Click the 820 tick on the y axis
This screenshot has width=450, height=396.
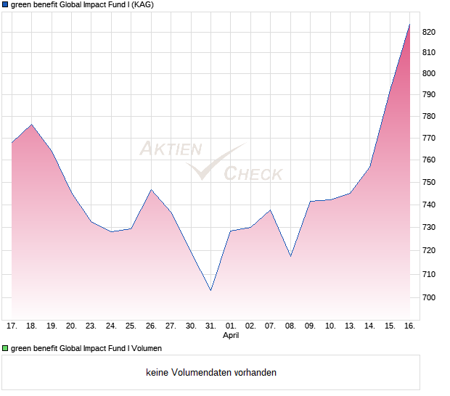click(x=430, y=32)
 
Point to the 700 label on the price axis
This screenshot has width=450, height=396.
click(x=430, y=298)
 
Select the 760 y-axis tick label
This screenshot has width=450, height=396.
click(x=430, y=160)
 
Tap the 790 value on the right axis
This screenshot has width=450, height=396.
click(x=430, y=95)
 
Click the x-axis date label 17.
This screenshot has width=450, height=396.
click(x=12, y=326)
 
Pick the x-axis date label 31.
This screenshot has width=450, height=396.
click(x=210, y=326)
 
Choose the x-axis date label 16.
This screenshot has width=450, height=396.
click(x=409, y=326)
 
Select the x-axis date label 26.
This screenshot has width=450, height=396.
click(x=151, y=326)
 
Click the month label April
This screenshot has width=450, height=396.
click(x=231, y=336)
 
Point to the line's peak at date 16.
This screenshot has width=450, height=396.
click(x=409, y=25)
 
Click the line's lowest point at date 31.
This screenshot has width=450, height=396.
click(x=210, y=291)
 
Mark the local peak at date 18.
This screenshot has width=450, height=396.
click(x=31, y=125)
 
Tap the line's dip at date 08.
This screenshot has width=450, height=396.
click(x=290, y=257)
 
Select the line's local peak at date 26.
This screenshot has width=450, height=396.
click(x=151, y=190)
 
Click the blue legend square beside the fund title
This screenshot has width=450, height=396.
click(x=5, y=4)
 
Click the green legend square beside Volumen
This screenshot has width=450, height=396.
click(x=5, y=349)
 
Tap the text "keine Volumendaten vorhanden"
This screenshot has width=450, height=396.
click(x=211, y=373)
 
